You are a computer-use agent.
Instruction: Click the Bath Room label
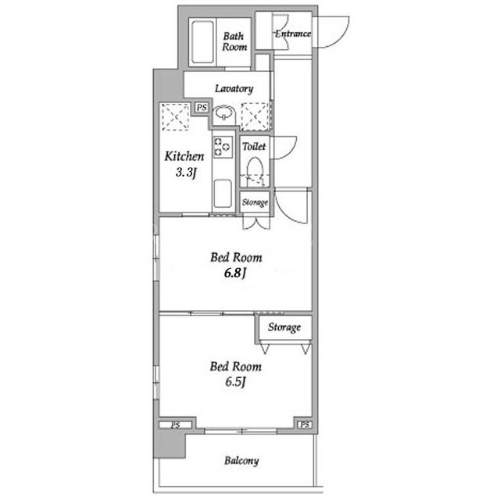click(x=234, y=41)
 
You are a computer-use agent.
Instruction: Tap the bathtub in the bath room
click(x=203, y=42)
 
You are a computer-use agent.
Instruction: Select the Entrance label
click(x=293, y=34)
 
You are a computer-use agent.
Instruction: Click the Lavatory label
click(x=234, y=88)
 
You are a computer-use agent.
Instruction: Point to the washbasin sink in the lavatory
click(x=224, y=113)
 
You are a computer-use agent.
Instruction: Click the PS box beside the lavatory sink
click(x=202, y=108)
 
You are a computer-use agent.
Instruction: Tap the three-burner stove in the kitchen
click(x=223, y=147)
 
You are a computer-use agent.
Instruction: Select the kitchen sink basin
click(x=223, y=193)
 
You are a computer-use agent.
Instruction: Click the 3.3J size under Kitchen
click(x=186, y=173)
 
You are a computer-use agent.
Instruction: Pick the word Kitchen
click(x=184, y=156)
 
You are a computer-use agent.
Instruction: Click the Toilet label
click(x=254, y=146)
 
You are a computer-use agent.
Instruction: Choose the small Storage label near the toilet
click(x=255, y=202)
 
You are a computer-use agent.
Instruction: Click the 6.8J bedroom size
click(x=236, y=273)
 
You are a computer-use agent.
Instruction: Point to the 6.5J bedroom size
click(x=236, y=382)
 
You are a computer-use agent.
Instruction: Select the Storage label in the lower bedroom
click(x=284, y=327)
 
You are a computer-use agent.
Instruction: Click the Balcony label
click(x=241, y=461)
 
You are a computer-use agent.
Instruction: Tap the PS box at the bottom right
click(x=304, y=424)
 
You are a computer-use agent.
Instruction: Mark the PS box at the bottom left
click(x=176, y=425)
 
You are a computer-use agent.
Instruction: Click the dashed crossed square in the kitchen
click(x=175, y=116)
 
